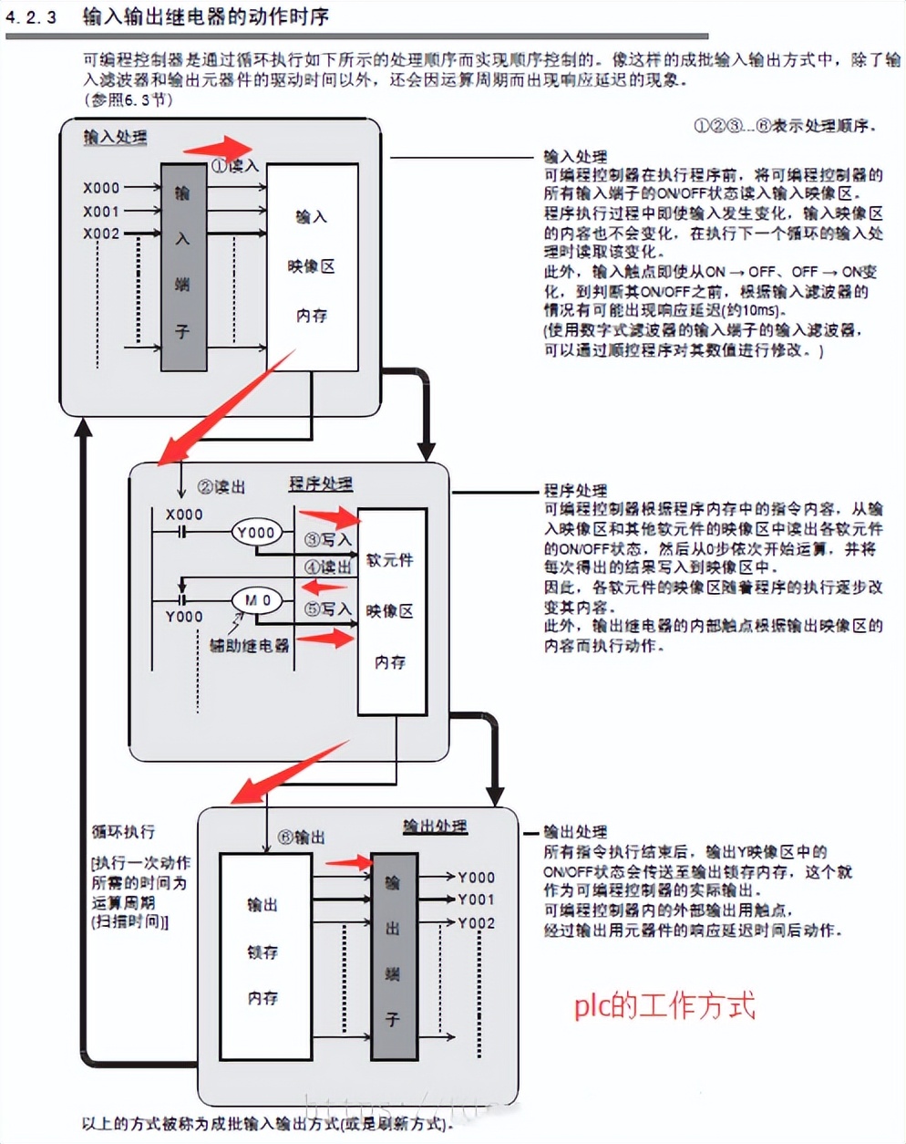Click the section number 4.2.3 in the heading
tap(31, 17)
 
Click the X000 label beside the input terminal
tap(101, 187)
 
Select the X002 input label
tap(101, 234)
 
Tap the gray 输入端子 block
tap(183, 267)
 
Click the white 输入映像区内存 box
tap(312, 267)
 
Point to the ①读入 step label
tap(235, 166)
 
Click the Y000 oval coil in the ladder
tap(255, 532)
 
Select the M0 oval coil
tap(257, 600)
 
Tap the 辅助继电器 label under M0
tap(249, 645)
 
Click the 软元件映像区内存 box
tap(391, 611)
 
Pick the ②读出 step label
tap(221, 487)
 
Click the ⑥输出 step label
tap(301, 837)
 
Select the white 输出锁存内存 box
tap(263, 952)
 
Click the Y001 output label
tap(476, 900)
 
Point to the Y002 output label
tap(476, 922)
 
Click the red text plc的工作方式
tap(664, 1005)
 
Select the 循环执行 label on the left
tap(123, 831)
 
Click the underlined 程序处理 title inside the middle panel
tap(321, 484)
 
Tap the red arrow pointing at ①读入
tap(218, 149)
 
